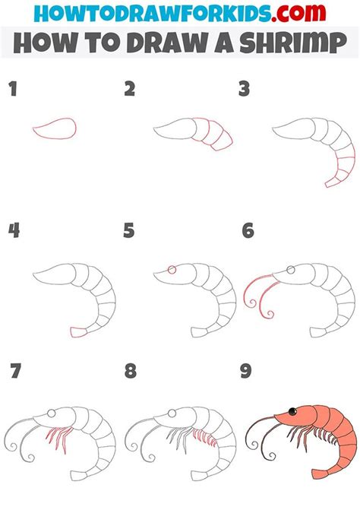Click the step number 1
pos(11,90)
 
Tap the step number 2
pos(130,90)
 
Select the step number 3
pos(244,90)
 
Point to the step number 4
pos(12,230)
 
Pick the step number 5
pos(130,230)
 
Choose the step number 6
pos(247,230)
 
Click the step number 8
pos(130,372)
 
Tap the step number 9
pos(247,372)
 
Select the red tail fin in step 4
pos(77,331)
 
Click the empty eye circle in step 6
pos(289,269)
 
